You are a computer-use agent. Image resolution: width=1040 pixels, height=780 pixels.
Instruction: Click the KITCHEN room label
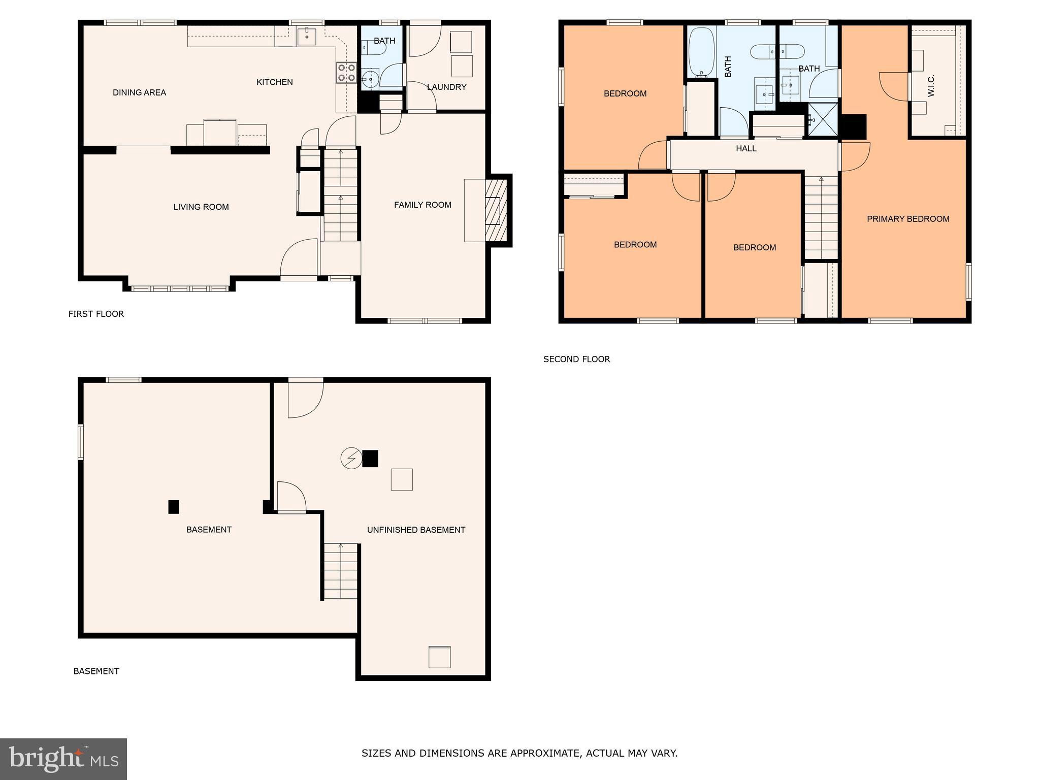click(274, 82)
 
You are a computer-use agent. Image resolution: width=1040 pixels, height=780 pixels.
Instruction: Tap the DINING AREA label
click(139, 92)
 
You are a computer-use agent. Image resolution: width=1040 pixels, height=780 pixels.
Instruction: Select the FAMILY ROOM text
click(422, 205)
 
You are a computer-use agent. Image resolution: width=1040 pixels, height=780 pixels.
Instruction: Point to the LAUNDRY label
click(446, 87)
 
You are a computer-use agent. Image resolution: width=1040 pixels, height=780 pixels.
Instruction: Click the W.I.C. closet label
click(931, 86)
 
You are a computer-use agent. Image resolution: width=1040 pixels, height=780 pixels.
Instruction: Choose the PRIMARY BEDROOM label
click(908, 219)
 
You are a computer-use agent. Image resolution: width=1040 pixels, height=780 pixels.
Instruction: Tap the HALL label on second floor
click(746, 149)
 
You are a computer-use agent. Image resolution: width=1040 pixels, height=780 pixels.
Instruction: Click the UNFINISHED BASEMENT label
click(416, 530)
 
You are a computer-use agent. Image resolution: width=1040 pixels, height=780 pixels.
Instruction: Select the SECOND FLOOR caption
click(576, 360)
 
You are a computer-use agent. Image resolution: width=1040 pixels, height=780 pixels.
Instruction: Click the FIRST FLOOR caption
click(96, 314)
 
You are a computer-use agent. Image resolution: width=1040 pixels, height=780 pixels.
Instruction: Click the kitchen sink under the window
click(307, 36)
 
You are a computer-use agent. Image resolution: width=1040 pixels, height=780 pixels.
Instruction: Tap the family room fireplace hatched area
click(496, 210)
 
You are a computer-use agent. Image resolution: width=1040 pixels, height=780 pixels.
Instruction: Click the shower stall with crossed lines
click(823, 120)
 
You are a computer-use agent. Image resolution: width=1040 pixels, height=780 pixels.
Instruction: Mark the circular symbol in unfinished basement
click(351, 458)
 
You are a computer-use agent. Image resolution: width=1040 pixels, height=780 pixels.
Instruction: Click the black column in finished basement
click(174, 507)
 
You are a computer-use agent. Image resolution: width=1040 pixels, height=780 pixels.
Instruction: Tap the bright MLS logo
click(63, 759)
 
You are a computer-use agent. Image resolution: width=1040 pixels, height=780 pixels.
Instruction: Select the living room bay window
click(180, 288)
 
